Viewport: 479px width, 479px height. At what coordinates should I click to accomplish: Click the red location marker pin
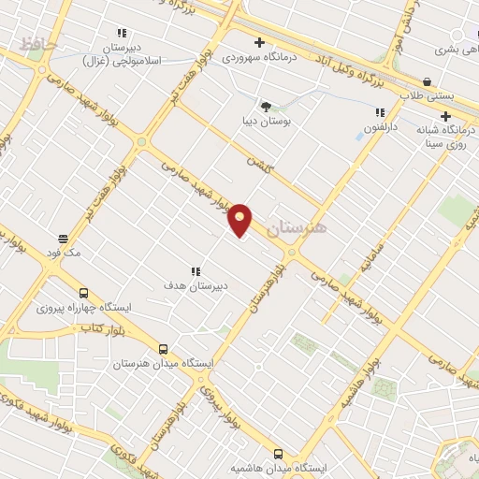click(241, 219)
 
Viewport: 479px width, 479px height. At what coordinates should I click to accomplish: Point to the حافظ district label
click(38, 43)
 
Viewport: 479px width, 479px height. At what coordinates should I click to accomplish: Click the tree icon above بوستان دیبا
click(266, 106)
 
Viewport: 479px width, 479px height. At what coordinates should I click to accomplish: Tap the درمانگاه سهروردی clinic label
click(258, 58)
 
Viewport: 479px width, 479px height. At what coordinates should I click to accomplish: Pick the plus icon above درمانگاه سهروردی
click(259, 42)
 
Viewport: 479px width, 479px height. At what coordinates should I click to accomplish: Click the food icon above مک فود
click(63, 239)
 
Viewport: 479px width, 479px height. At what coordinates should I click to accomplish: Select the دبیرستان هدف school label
click(196, 287)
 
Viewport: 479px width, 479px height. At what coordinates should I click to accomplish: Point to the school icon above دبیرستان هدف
click(196, 271)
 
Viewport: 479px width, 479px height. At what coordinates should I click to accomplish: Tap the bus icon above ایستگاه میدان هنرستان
click(164, 347)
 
